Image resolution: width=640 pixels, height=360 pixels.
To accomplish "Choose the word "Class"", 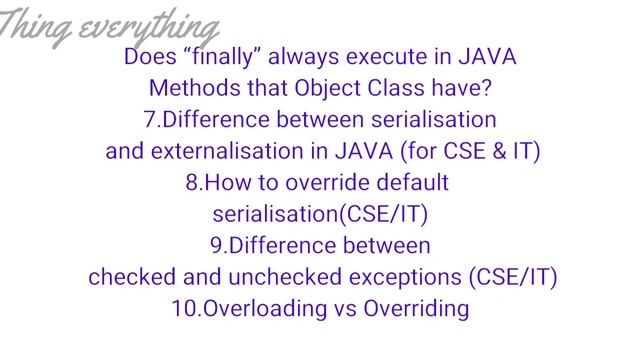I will pyautogui.click(x=393, y=88).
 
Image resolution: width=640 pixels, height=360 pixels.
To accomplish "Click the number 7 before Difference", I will pyautogui.click(x=150, y=120).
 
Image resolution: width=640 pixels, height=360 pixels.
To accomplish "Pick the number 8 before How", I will pyautogui.click(x=192, y=184).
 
